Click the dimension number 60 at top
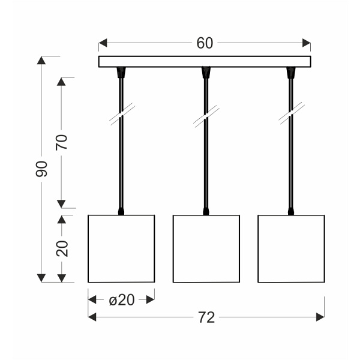(205, 43)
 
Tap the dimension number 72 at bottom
(206, 317)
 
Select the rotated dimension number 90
(41, 169)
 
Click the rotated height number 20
(62, 248)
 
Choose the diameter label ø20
(121, 299)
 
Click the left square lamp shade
(121, 248)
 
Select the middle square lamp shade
(206, 248)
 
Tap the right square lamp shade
(291, 248)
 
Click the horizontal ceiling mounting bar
(205, 62)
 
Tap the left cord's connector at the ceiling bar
(121, 73)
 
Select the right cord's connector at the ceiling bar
(291, 73)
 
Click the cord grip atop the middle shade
(206, 211)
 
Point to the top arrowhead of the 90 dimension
(41, 60)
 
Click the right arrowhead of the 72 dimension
(321, 317)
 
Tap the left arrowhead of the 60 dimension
(103, 43)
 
